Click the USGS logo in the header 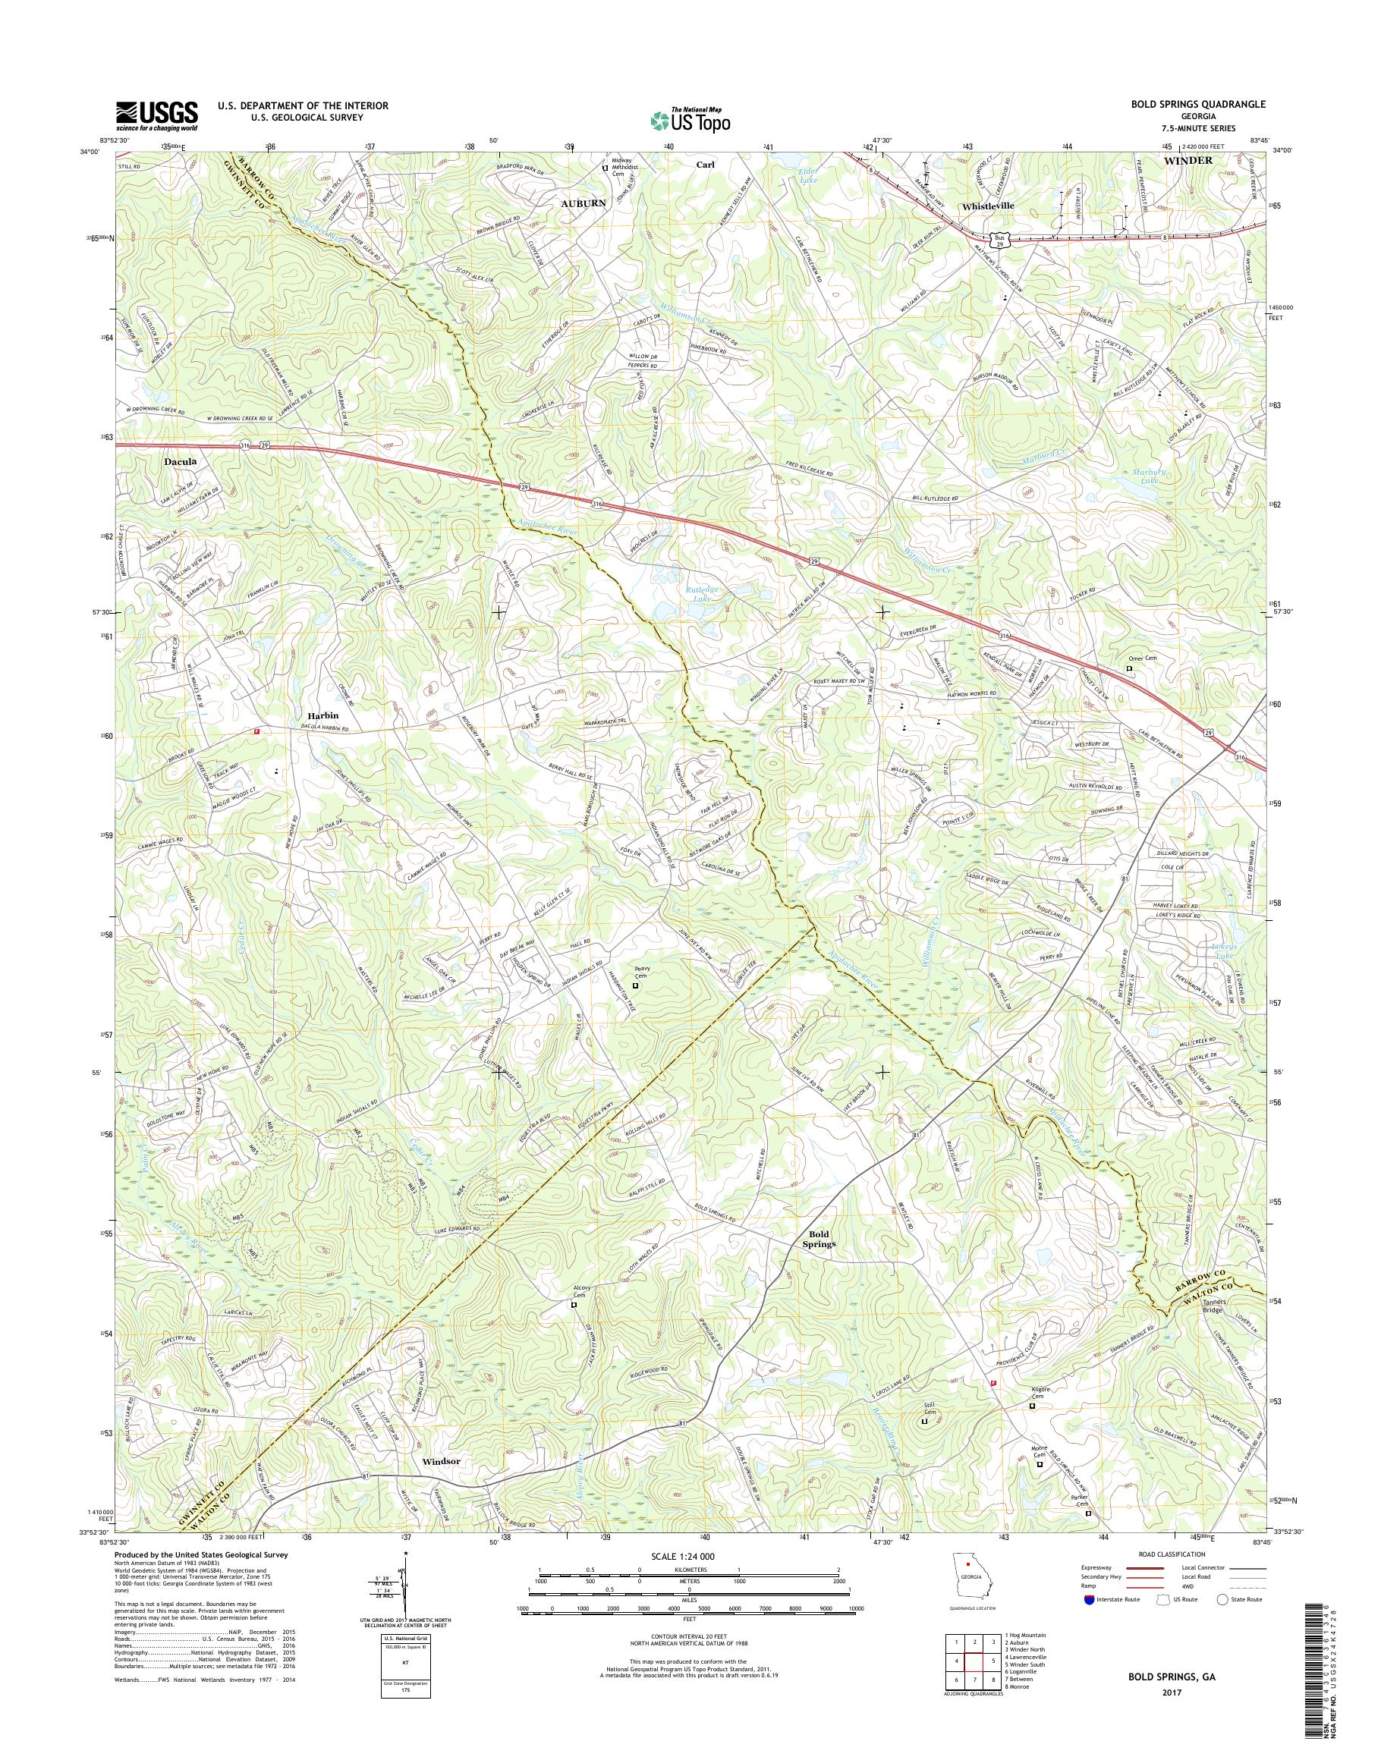(x=157, y=115)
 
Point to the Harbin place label (x=322, y=715)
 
